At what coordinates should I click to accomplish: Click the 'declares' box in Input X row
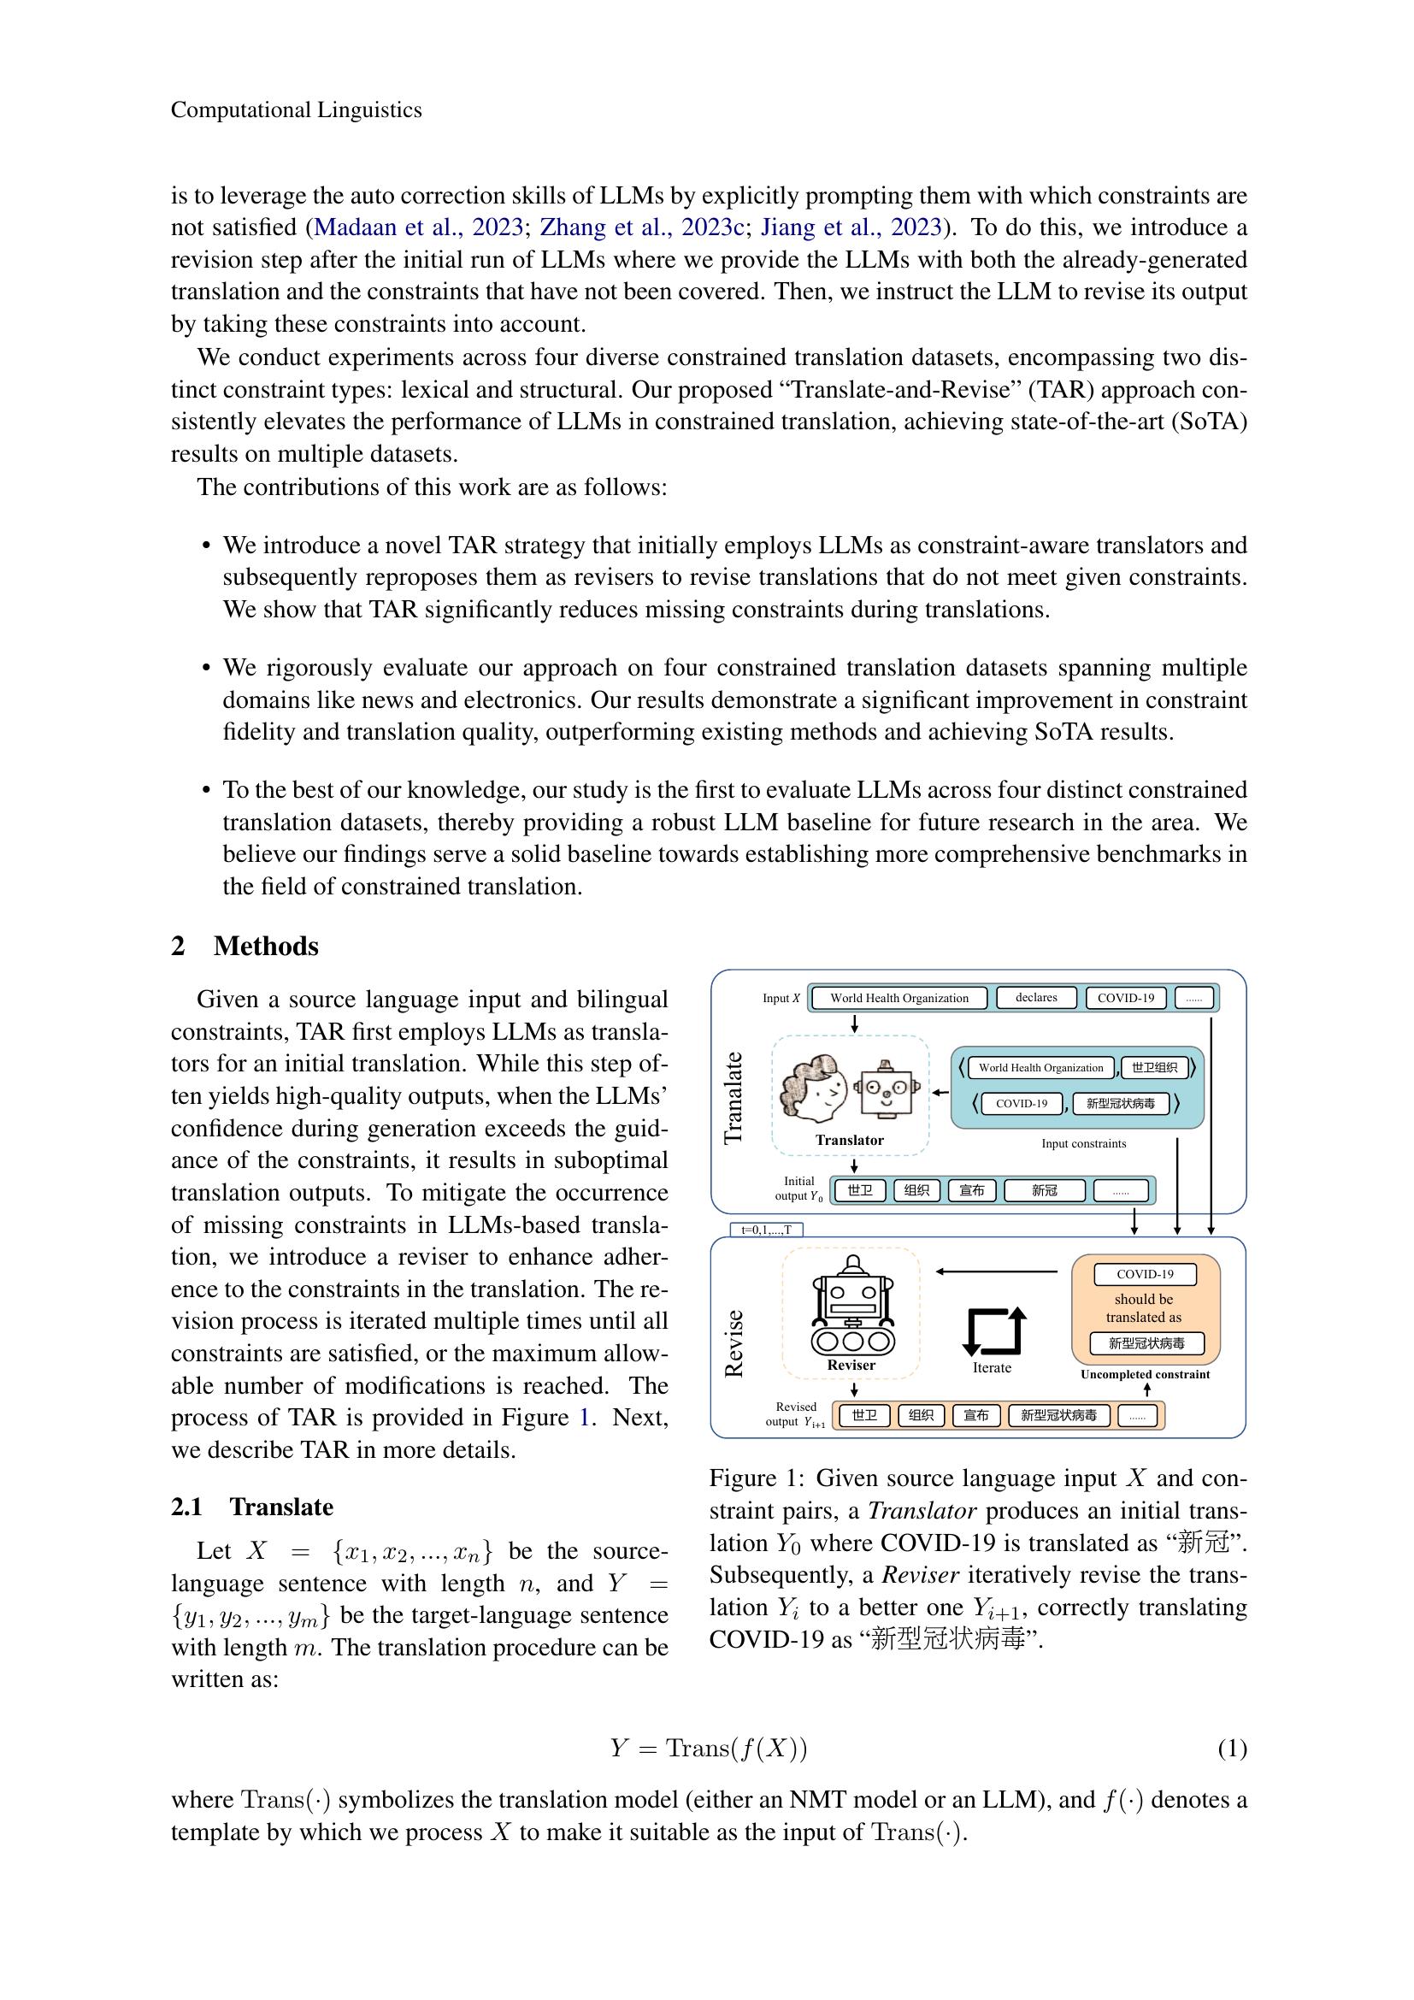(1035, 997)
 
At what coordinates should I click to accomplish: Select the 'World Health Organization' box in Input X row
(898, 998)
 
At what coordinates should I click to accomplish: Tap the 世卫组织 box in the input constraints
(1154, 1067)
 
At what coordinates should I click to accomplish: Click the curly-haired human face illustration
(813, 1088)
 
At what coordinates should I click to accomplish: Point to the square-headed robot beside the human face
(887, 1088)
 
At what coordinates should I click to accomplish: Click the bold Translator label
(849, 1141)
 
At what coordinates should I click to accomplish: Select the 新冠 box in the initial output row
(1044, 1191)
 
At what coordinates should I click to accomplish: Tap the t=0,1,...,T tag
(766, 1230)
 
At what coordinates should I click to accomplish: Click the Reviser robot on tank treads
(852, 1306)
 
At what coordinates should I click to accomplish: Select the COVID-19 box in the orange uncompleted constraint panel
(1145, 1274)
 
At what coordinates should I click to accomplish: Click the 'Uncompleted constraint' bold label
(1145, 1375)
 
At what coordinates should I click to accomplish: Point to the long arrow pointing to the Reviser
(997, 1271)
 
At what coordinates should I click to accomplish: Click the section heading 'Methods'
(266, 946)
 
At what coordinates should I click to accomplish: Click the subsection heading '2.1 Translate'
(252, 1507)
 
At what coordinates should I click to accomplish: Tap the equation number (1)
(1231, 1749)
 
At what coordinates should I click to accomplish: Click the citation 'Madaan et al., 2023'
(417, 227)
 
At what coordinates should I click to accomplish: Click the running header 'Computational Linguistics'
(296, 109)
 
